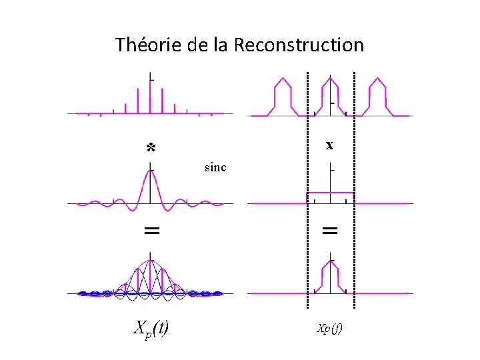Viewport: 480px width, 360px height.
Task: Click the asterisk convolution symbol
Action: (x=151, y=148)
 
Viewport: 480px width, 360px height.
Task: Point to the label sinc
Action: (x=215, y=167)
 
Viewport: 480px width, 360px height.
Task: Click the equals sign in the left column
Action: (x=152, y=231)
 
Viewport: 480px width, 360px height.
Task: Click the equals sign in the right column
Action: (x=330, y=231)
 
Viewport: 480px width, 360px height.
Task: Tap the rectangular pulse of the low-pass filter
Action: (x=330, y=193)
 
